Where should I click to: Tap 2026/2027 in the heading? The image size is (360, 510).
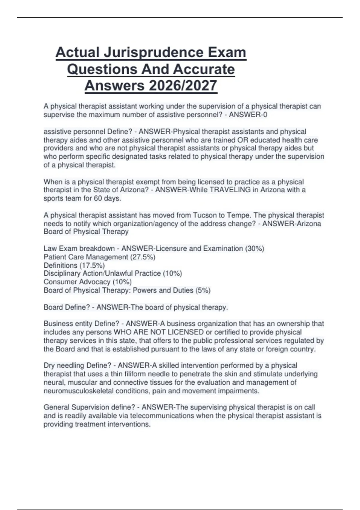tap(183, 86)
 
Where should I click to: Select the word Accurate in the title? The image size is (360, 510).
tap(204, 69)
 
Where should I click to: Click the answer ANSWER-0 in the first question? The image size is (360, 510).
tap(248, 115)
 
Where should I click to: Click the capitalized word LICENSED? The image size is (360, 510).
tap(185, 332)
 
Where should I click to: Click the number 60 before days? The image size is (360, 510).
tap(98, 199)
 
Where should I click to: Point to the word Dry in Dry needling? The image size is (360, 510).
tap(49, 366)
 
